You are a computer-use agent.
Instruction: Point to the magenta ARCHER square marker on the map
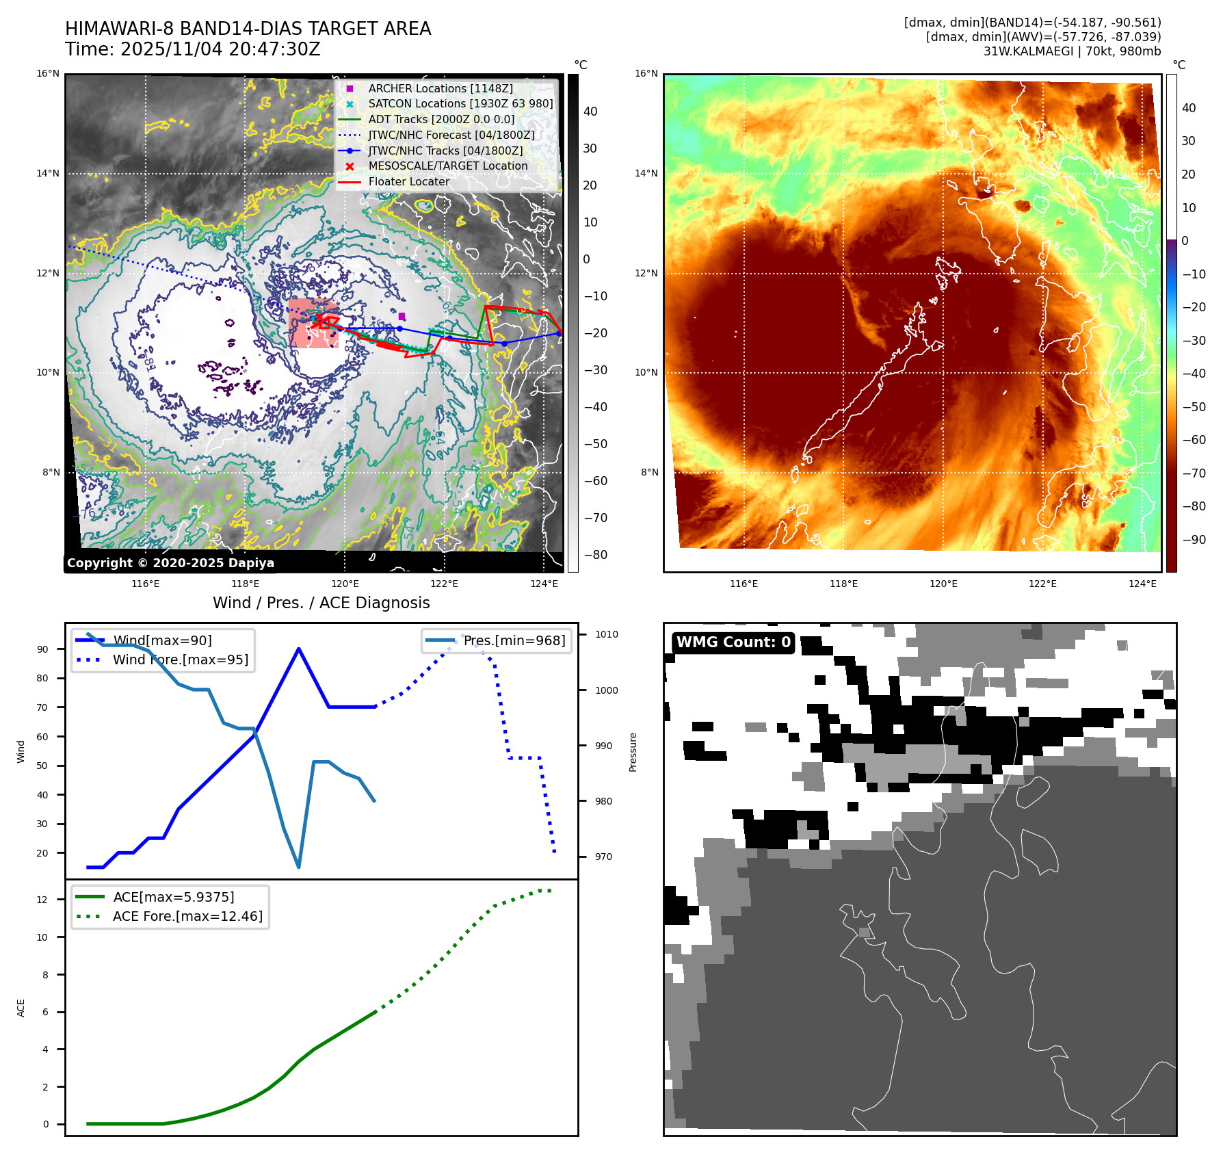pos(402,316)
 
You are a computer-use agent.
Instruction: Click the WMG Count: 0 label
pos(733,642)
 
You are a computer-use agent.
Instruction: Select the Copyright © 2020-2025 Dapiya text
pos(170,563)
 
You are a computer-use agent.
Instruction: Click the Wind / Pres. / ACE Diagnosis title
pos(321,603)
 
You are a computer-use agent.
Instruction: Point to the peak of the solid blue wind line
pos(299,649)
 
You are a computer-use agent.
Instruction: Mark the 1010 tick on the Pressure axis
pos(606,635)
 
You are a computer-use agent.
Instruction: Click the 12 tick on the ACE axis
pos(42,900)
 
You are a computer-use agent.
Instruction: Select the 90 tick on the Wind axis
pos(42,650)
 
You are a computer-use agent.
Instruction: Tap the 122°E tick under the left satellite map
pos(444,584)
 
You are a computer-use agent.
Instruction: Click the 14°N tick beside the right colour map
pos(646,174)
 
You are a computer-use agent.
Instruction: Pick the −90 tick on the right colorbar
pos(1194,540)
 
